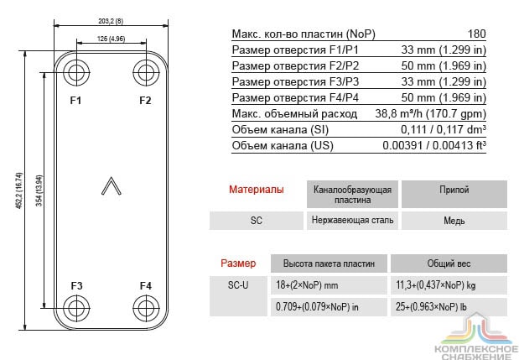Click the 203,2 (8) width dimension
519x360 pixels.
point(111,21)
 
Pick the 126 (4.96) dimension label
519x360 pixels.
point(111,39)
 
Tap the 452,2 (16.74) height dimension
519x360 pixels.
point(19,190)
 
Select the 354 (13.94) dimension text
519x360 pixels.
point(39,190)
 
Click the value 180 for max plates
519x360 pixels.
point(476,34)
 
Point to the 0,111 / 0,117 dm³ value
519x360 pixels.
point(444,129)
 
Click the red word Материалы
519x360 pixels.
point(257,190)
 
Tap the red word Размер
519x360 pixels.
point(238,263)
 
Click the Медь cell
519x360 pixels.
point(454,221)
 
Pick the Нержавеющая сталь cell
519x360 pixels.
point(352,220)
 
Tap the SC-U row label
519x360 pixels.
point(238,285)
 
